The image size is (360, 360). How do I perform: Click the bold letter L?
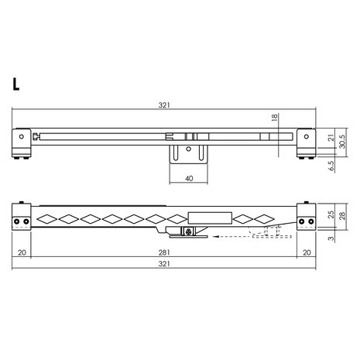16,84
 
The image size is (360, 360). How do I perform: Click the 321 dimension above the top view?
163,106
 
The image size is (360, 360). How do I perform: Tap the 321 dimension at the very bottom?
163,266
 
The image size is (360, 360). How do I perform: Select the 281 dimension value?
163,252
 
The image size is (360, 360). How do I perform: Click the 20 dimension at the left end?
22,252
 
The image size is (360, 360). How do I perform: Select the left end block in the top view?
22,142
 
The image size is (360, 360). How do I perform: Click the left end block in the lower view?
22,219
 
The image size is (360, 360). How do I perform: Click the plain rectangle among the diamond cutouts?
209,218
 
